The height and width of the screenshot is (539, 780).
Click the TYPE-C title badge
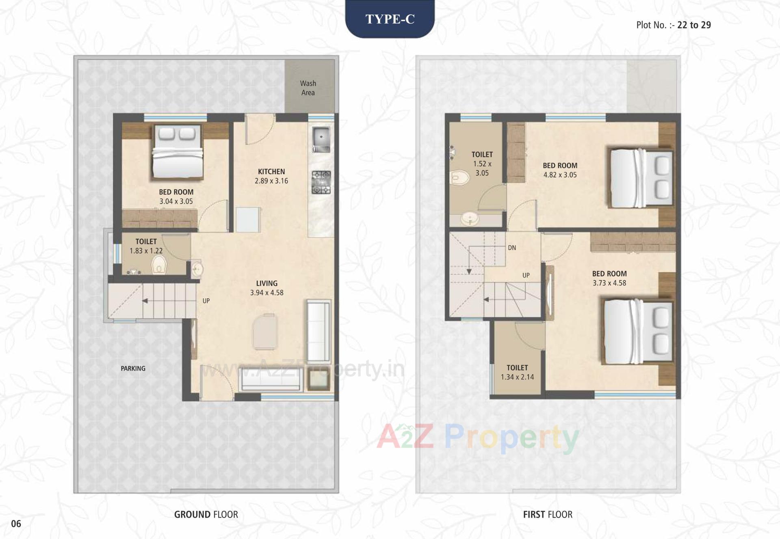coord(390,19)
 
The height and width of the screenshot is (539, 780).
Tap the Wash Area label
coord(308,88)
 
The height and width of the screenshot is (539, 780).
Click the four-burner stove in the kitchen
coord(321,182)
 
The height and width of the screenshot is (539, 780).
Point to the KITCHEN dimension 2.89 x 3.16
coord(271,181)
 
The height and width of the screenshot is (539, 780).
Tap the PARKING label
coord(133,369)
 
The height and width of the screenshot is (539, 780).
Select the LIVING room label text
coord(266,283)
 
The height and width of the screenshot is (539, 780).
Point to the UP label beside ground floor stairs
coord(206,301)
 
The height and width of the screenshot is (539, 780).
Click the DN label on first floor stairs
coord(512,248)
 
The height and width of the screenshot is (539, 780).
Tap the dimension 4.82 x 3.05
coord(560,175)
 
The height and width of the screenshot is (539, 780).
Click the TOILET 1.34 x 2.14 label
coord(517,372)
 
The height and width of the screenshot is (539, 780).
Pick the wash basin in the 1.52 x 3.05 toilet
coord(470,219)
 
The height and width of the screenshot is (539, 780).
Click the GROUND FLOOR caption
coord(206,515)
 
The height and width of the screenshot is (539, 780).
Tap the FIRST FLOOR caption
coord(547,515)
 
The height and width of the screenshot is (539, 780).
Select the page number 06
coord(16,524)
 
